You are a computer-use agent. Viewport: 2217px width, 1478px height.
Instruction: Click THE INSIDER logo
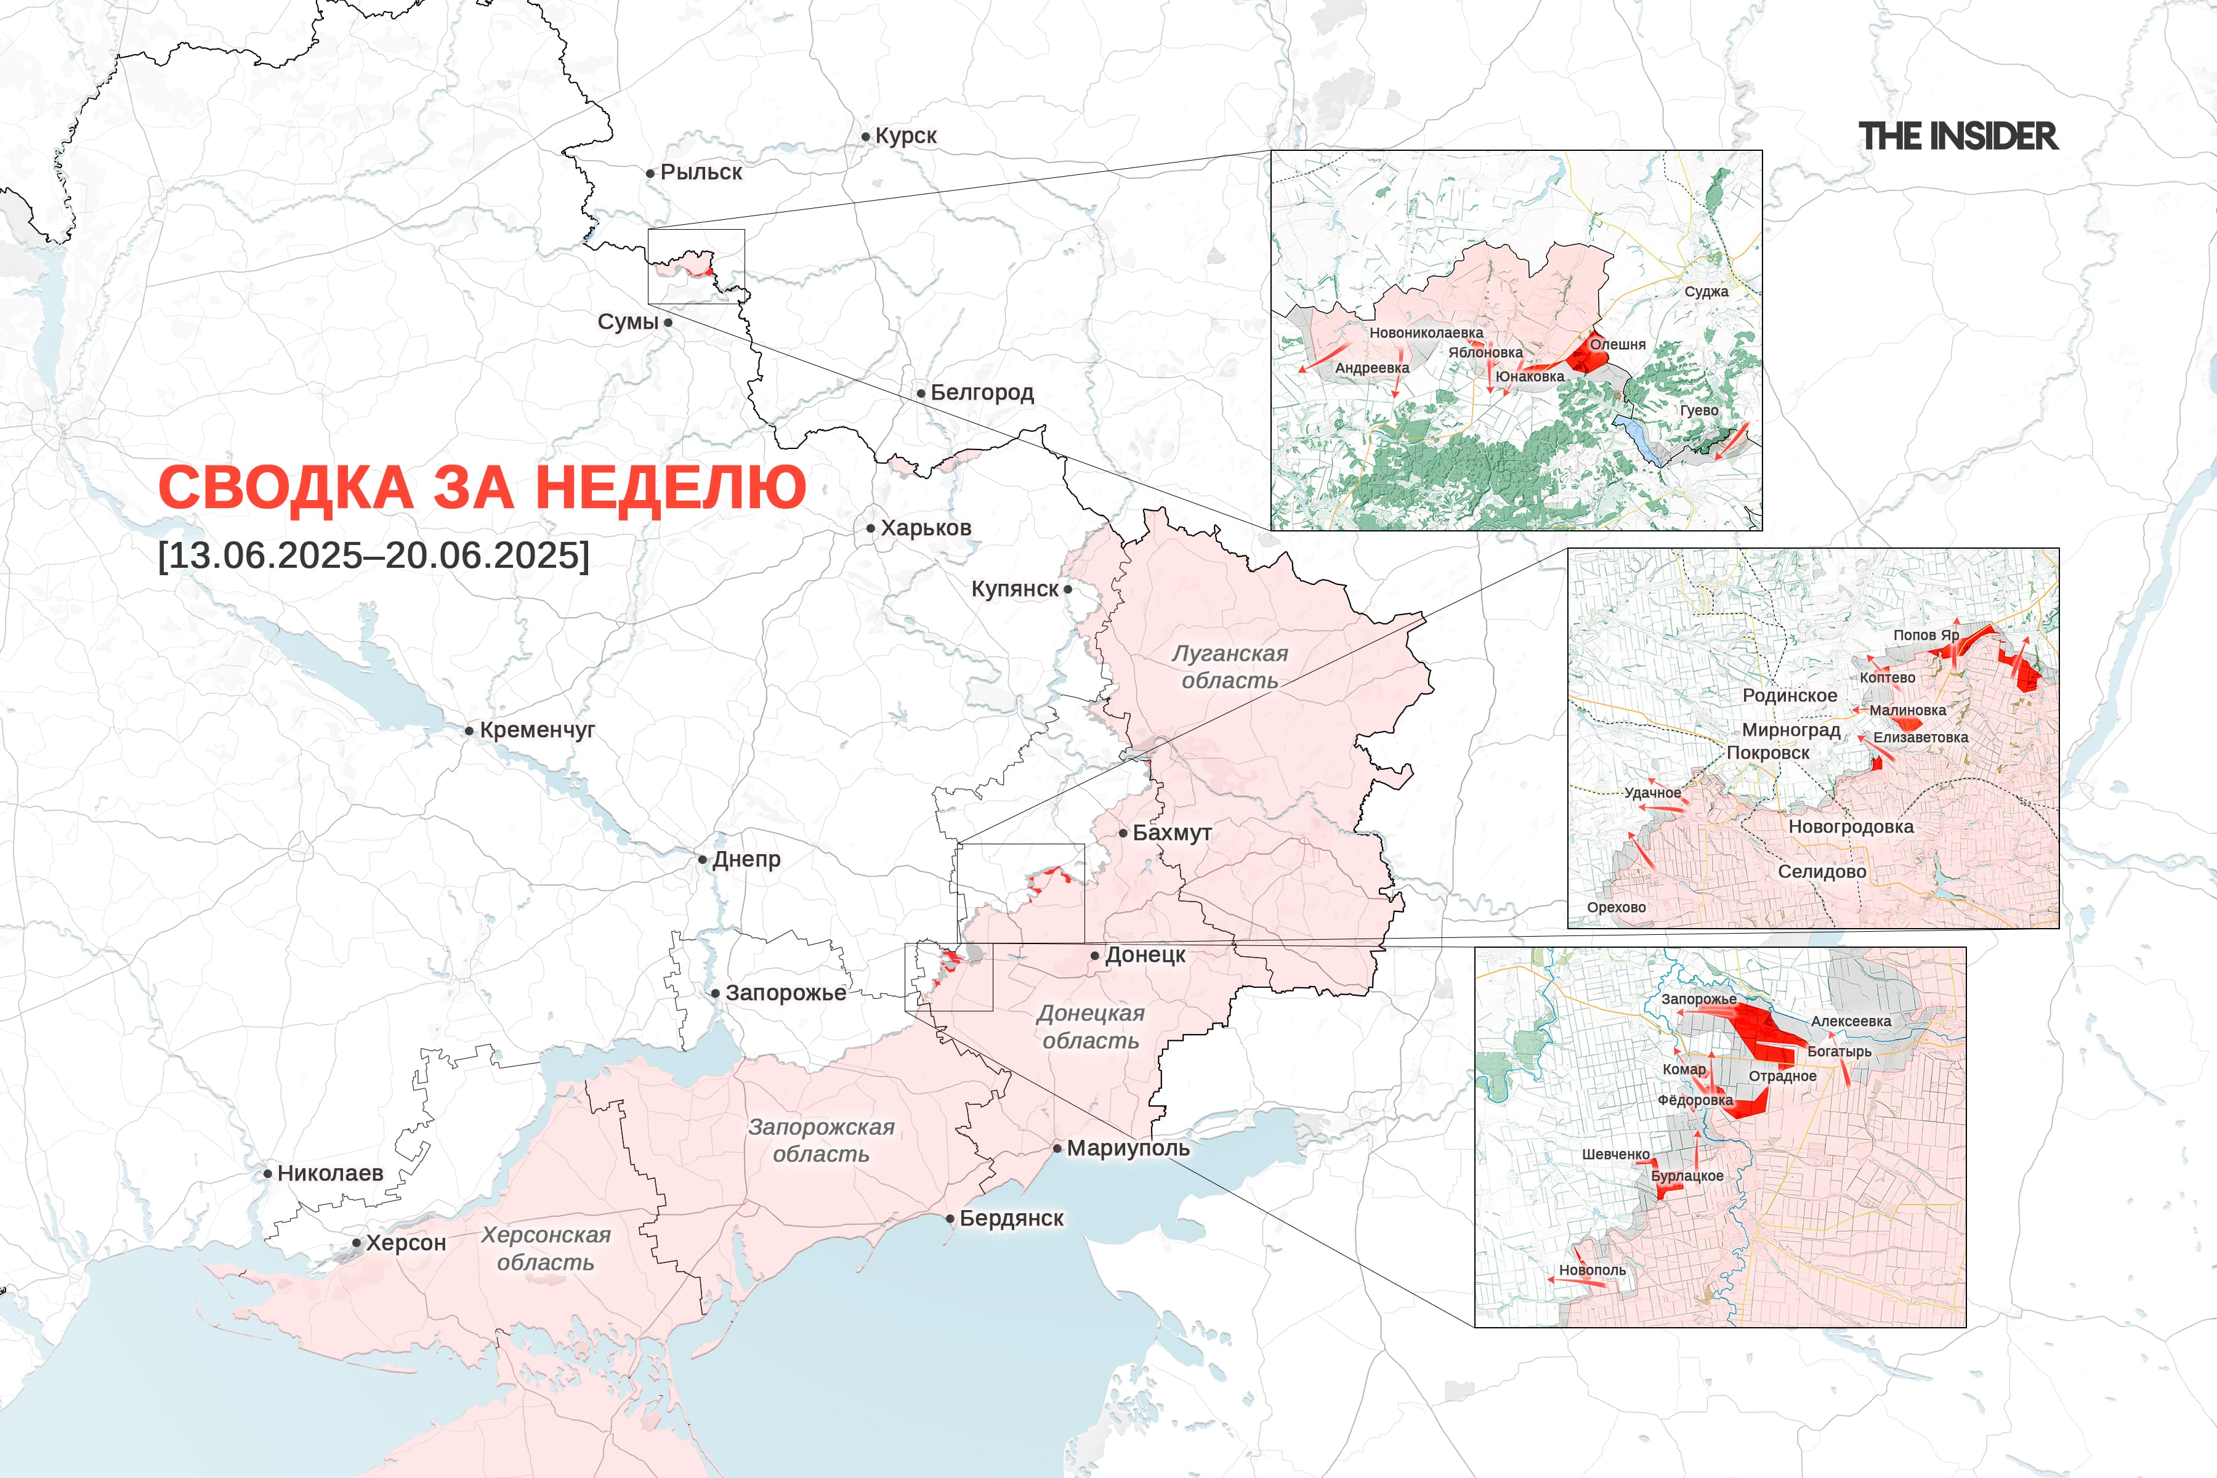pyautogui.click(x=1958, y=137)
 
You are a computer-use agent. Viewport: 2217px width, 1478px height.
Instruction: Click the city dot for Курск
pyautogui.click(x=865, y=137)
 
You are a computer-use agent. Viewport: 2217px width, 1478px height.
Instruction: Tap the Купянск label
pyautogui.click(x=1014, y=589)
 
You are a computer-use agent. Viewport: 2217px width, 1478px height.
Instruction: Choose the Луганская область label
pyautogui.click(x=1229, y=666)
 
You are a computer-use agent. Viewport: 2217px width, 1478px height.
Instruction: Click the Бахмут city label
pyautogui.click(x=1172, y=833)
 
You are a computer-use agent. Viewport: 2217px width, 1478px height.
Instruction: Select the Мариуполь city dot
pyautogui.click(x=1057, y=1148)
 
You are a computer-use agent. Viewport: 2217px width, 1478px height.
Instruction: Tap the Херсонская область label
pyautogui.click(x=546, y=1248)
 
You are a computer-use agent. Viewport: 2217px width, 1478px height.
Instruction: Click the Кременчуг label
pyautogui.click(x=537, y=730)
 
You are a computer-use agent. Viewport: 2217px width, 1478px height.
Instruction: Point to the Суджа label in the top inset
pyautogui.click(x=1706, y=291)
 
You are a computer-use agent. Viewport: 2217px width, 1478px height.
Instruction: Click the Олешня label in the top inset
pyautogui.click(x=1618, y=344)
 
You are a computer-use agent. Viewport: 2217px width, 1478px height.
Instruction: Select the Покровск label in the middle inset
pyautogui.click(x=1767, y=753)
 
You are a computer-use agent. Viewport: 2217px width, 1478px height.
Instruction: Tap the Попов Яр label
pyautogui.click(x=1926, y=636)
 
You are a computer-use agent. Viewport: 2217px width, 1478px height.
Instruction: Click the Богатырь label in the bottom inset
pyautogui.click(x=1839, y=1051)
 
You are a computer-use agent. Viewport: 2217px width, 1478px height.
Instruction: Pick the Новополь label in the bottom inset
pyautogui.click(x=1592, y=1270)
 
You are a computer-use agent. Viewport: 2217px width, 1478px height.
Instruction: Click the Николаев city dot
pyautogui.click(x=268, y=1174)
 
